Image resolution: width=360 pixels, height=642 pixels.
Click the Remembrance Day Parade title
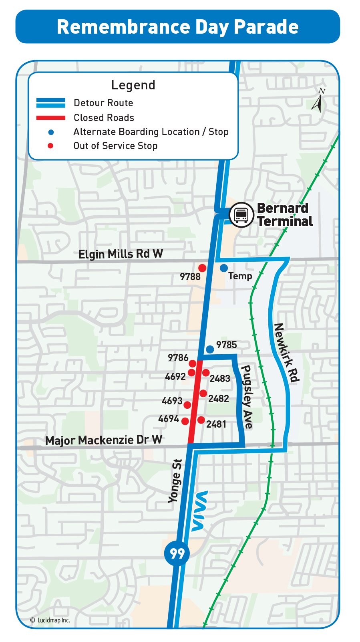click(x=177, y=27)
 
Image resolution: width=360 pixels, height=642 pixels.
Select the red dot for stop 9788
click(x=203, y=268)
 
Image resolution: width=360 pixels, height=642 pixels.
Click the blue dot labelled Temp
click(x=224, y=268)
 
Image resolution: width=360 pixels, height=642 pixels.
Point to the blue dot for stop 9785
click(x=210, y=349)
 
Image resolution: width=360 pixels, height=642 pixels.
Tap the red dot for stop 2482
click(x=203, y=393)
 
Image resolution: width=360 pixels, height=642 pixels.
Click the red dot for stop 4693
click(x=187, y=405)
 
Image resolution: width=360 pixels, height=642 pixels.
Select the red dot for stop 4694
click(x=185, y=421)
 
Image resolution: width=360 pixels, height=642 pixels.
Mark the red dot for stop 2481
click(x=201, y=420)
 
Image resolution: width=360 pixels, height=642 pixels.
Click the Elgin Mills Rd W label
click(x=121, y=254)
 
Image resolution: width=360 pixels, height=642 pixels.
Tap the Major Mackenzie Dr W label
click(x=104, y=440)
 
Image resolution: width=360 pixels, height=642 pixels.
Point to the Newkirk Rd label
click(x=286, y=353)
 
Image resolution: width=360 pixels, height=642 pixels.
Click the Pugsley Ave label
click(x=247, y=397)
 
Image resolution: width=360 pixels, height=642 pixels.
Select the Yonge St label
click(x=175, y=481)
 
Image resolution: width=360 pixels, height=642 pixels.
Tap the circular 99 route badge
click(x=177, y=553)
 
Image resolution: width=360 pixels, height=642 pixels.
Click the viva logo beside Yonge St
click(x=199, y=511)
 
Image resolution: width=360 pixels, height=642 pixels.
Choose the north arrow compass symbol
click(x=318, y=101)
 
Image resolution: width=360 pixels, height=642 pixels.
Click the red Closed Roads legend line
click(x=51, y=118)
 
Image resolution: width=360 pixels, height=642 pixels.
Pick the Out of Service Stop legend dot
click(x=50, y=146)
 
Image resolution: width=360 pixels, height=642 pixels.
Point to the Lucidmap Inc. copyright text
click(x=50, y=620)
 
